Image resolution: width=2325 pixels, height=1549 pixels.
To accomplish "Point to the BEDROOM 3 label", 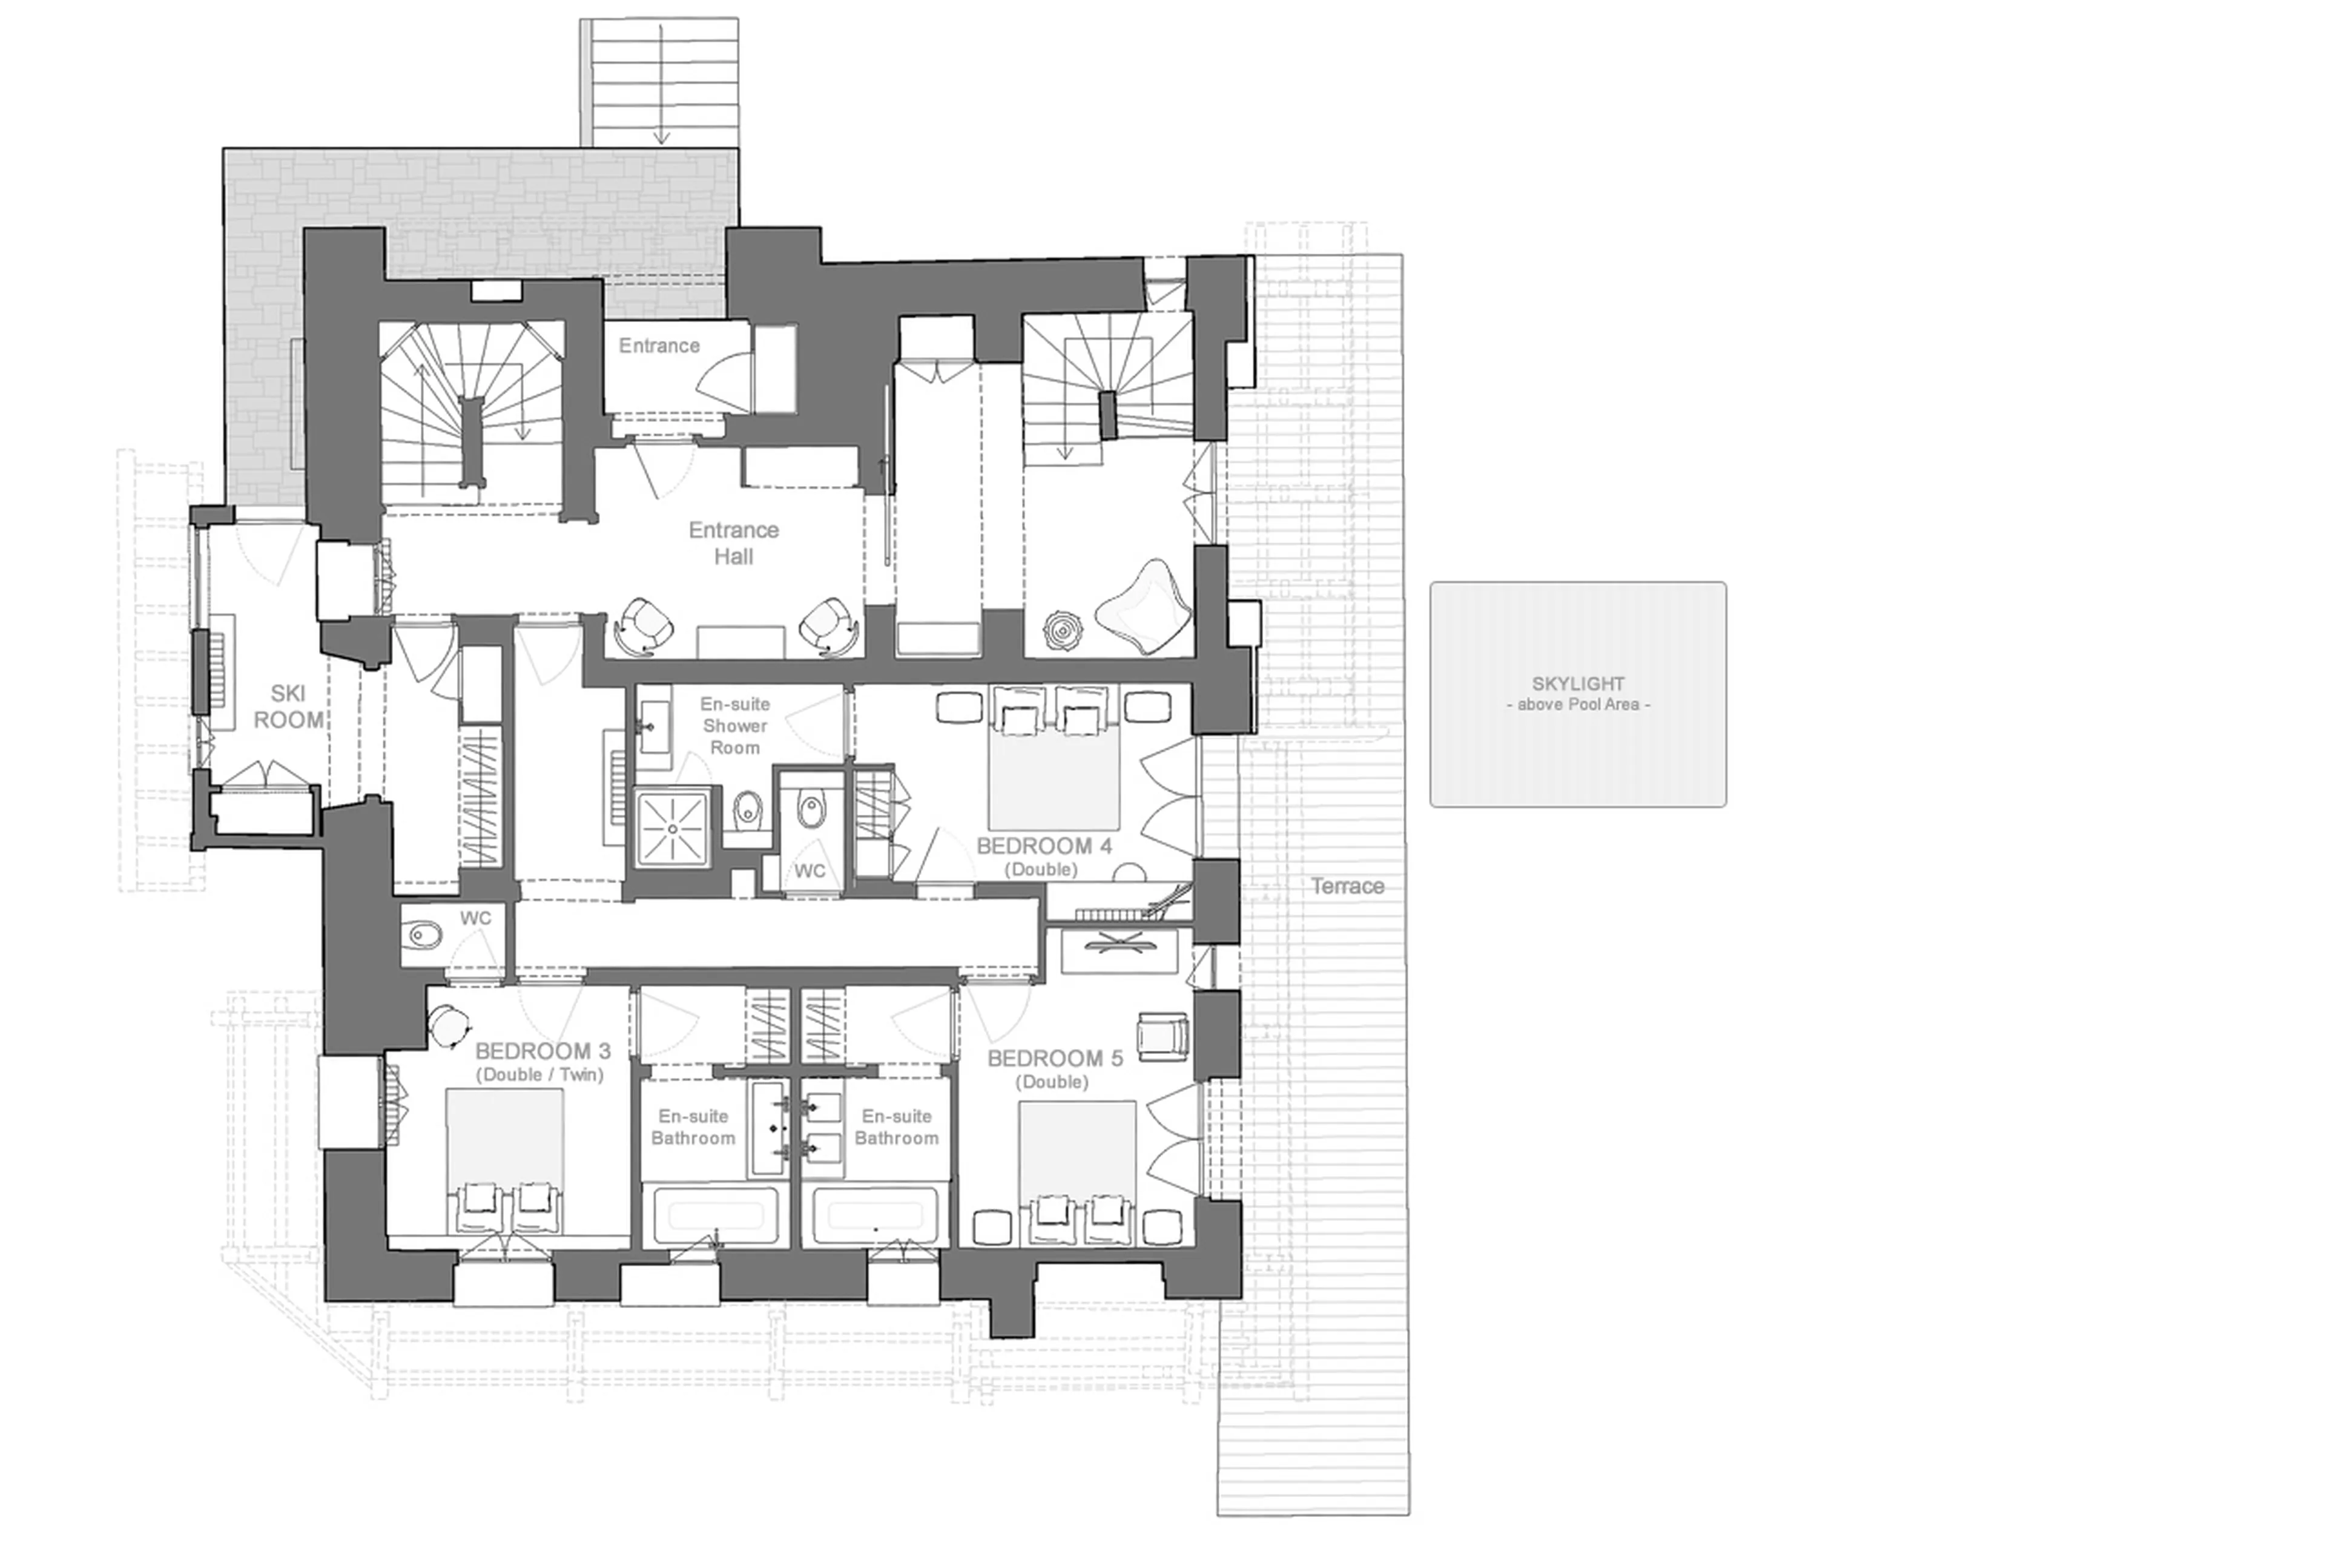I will coord(542,1051).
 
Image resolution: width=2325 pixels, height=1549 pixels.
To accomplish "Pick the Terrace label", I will coord(1347,886).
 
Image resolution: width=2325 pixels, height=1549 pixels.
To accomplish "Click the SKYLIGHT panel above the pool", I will coord(1577,694).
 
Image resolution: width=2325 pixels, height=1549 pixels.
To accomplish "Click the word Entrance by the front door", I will coord(659,346).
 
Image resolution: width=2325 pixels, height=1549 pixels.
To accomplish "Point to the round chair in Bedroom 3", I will coord(449,1024).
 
